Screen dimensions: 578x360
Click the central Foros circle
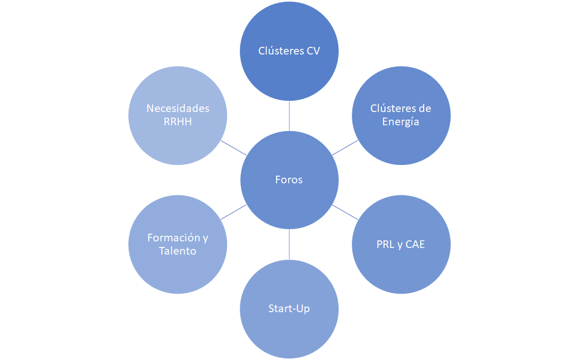pos(289,180)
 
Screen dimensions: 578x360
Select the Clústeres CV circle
pos(289,51)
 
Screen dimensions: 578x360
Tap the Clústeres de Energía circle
pos(401,116)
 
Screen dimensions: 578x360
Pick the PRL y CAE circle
pos(401,244)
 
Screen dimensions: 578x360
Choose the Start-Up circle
pos(289,309)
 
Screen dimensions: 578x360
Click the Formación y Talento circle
pos(178,244)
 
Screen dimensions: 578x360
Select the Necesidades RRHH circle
pos(178,116)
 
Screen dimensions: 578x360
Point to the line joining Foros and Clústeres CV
pos(289,116)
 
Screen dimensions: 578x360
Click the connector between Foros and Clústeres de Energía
pos(345,148)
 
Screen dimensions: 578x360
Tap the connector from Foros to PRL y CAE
pos(345,212)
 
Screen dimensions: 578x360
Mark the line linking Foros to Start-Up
pos(289,244)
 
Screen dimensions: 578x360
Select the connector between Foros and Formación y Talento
pos(234,212)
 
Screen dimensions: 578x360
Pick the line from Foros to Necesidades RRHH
pos(234,148)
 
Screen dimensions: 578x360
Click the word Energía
pos(401,122)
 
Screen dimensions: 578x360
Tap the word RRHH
pos(178,122)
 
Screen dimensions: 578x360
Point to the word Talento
pos(178,251)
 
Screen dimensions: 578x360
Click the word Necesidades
pos(178,108)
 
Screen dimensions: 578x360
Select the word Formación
pos(174,238)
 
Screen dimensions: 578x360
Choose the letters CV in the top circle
pos(313,51)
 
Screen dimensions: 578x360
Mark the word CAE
pos(415,244)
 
